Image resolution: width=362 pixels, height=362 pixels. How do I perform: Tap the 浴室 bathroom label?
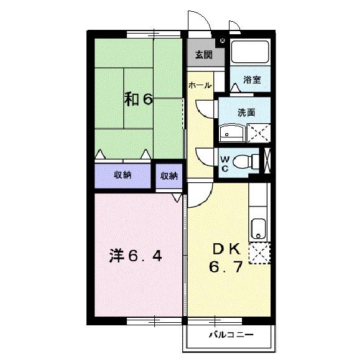point(251,80)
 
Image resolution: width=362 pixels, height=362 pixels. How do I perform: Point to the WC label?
point(225,162)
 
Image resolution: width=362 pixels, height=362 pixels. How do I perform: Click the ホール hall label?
point(200,85)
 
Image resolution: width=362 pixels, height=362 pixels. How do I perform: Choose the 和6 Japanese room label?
point(137,100)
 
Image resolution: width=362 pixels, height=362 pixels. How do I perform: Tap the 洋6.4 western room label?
point(136,256)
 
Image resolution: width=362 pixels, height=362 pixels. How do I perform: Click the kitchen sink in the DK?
point(258,229)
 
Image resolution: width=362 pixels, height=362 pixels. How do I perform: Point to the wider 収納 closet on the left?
point(122,175)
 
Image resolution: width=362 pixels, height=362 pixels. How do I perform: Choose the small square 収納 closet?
point(169,176)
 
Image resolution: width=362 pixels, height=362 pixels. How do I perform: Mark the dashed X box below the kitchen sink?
point(259,253)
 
